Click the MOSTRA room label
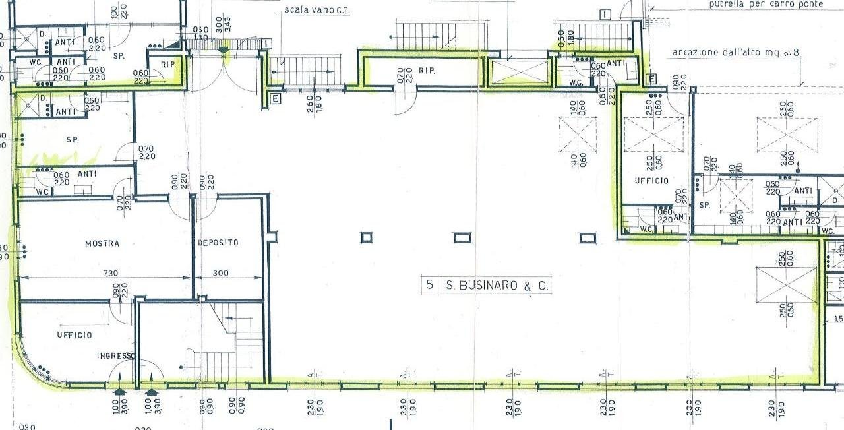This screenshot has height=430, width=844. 102,243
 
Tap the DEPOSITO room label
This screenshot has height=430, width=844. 218,243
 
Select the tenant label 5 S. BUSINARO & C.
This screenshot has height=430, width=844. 486,285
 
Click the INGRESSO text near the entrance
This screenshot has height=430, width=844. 115,356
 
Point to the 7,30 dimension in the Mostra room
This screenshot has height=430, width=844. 102,272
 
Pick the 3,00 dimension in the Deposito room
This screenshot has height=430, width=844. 221,272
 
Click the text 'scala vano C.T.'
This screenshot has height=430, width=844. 315,9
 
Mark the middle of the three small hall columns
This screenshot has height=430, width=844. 462,237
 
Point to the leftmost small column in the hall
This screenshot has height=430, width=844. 367,237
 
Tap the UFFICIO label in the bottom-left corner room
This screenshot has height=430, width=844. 74,335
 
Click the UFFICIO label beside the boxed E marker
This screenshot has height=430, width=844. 651,181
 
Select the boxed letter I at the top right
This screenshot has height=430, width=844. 605,15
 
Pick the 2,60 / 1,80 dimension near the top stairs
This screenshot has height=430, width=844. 314,104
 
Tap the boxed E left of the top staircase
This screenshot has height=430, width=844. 275,98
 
